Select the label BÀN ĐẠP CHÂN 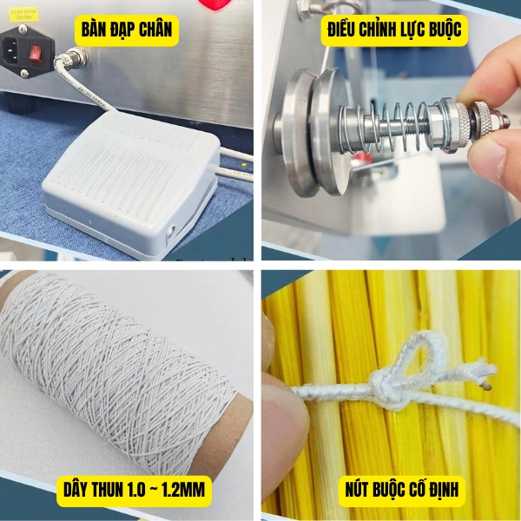128,32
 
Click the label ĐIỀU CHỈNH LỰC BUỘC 394,32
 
